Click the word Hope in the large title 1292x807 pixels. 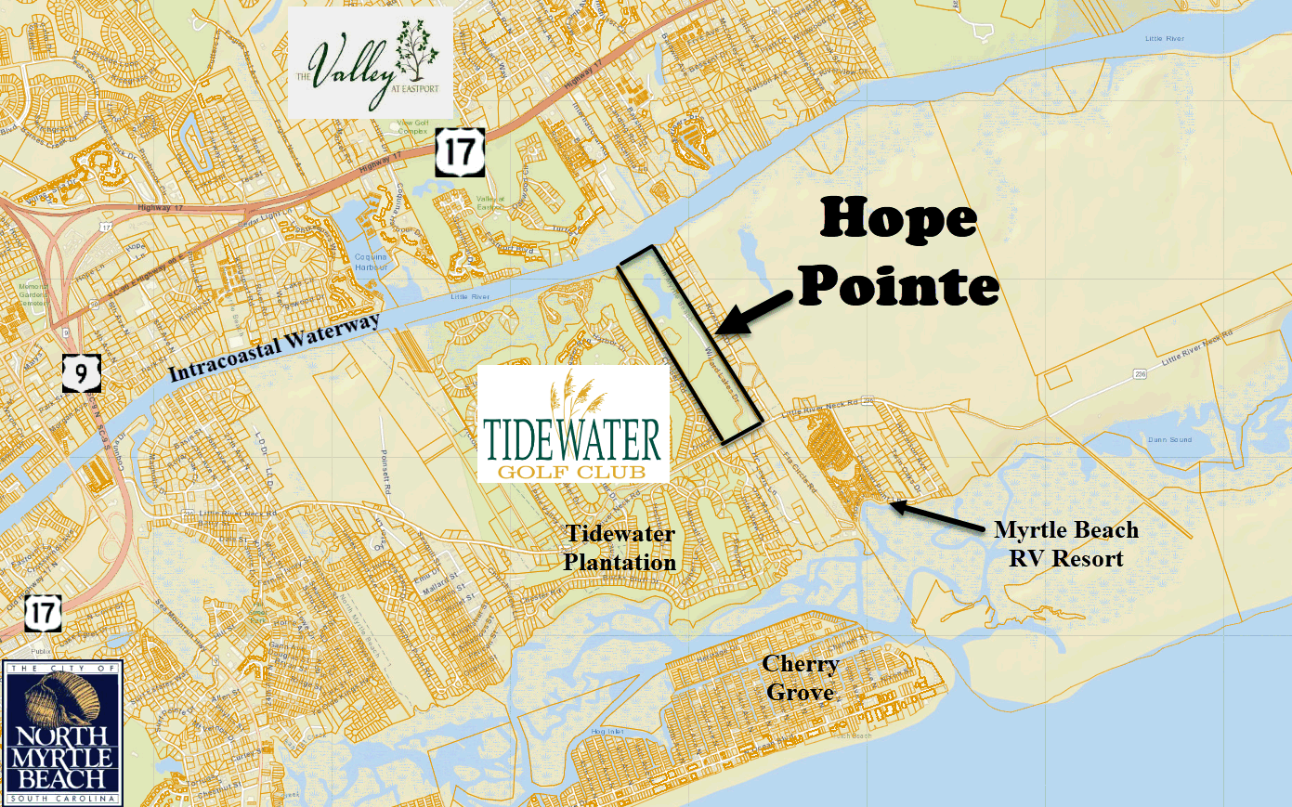(897, 220)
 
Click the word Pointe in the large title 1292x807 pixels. (898, 285)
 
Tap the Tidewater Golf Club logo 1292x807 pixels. (573, 423)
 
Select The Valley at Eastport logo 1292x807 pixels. (370, 63)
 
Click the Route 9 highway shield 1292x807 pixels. (81, 372)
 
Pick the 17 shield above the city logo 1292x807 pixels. (43, 613)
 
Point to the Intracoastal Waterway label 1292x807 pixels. (275, 347)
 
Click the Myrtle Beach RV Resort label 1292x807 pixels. (1065, 544)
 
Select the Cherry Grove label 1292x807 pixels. (800, 678)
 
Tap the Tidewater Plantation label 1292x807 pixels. (620, 548)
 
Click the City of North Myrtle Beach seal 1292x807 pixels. (62, 733)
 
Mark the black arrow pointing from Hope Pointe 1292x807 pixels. (757, 310)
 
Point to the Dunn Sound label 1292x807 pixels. (1169, 439)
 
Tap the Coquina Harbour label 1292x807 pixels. (372, 263)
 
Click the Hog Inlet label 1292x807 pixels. (607, 732)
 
